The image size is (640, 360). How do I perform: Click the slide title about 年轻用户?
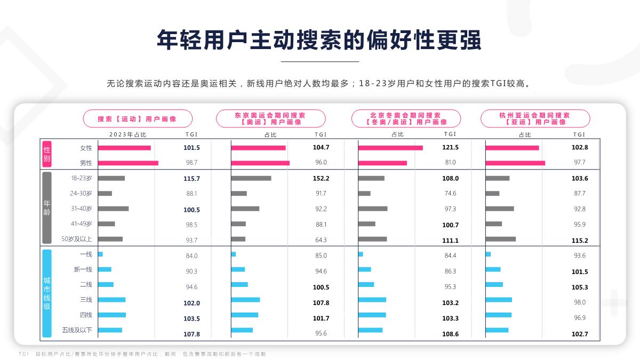click(319, 39)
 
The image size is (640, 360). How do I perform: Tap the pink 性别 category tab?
click(46, 155)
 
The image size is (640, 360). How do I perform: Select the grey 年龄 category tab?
click(46, 208)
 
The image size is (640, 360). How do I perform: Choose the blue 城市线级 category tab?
click(46, 292)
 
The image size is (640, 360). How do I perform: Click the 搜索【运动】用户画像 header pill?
click(137, 118)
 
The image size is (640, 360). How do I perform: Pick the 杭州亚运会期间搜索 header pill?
click(535, 118)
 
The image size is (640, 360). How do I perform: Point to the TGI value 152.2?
click(321, 178)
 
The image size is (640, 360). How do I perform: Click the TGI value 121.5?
click(450, 147)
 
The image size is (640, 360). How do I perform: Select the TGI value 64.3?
click(321, 240)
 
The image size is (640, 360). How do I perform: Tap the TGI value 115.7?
click(191, 178)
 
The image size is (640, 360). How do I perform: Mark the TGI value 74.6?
click(450, 194)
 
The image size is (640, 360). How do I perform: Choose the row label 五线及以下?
click(77, 330)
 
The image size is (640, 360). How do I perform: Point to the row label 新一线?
click(83, 269)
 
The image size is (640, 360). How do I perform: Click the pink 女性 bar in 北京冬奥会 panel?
click(390, 148)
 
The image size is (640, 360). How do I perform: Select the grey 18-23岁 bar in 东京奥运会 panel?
click(251, 178)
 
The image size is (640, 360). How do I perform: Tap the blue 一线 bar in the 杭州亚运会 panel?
click(488, 254)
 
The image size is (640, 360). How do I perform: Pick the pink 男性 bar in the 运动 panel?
click(128, 163)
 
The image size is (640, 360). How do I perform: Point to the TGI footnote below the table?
click(141, 354)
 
